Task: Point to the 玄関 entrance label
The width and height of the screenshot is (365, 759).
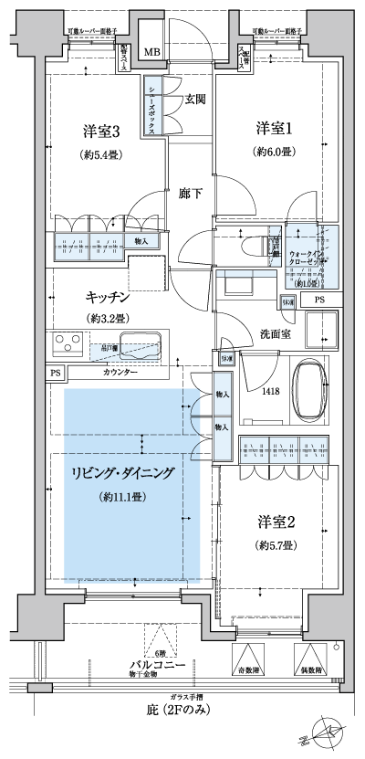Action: [x=193, y=100]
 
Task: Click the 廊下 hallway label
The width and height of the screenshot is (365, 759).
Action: [x=190, y=194]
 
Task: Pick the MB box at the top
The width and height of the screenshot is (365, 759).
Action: [x=151, y=52]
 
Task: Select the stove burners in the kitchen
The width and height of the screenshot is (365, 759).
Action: [x=68, y=345]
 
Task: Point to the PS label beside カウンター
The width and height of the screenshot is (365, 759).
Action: [x=56, y=373]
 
